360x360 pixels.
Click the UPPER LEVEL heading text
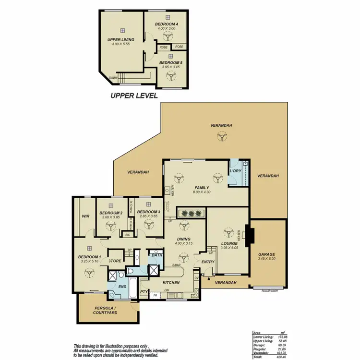tap(134, 96)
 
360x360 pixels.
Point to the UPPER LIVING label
tap(121, 40)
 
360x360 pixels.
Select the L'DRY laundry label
tap(235, 171)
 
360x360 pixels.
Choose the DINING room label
tap(183, 239)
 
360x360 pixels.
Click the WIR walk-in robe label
tap(86, 216)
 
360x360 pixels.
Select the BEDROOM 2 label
tap(111, 213)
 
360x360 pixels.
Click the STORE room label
tap(115, 261)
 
